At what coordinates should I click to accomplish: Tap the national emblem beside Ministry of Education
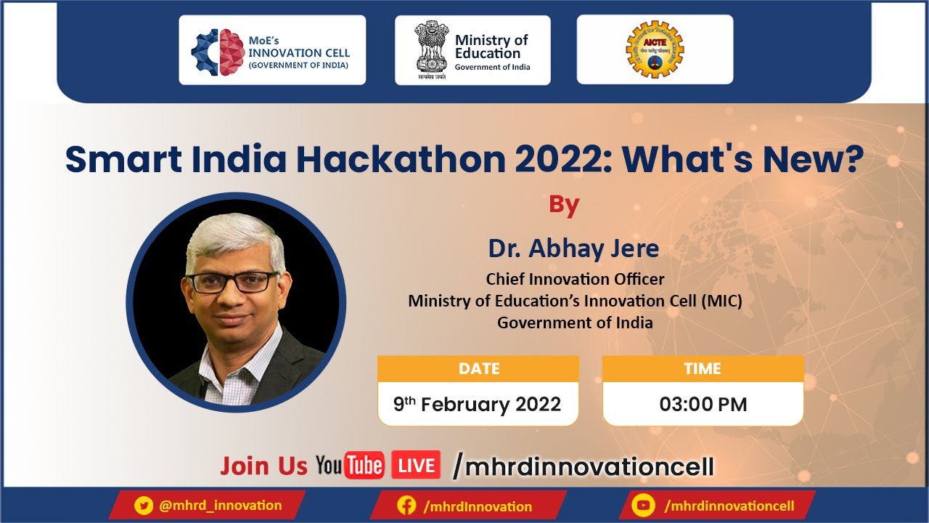pyautogui.click(x=432, y=47)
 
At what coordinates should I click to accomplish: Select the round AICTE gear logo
pyautogui.click(x=655, y=49)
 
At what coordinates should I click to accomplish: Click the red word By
pyautogui.click(x=564, y=205)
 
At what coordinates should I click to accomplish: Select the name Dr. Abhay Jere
pyautogui.click(x=573, y=248)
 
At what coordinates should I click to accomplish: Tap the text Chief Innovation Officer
pyautogui.click(x=575, y=279)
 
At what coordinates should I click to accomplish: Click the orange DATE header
pyautogui.click(x=478, y=369)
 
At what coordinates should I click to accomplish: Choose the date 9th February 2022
pyautogui.click(x=478, y=405)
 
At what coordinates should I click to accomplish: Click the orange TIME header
pyautogui.click(x=703, y=369)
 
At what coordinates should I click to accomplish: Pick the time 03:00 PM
pyautogui.click(x=703, y=405)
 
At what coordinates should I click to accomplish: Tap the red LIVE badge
pyautogui.click(x=416, y=466)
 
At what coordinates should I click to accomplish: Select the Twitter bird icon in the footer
pyautogui.click(x=144, y=506)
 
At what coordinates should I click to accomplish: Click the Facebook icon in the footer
pyautogui.click(x=407, y=506)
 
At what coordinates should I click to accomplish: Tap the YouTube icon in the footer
pyautogui.click(x=642, y=506)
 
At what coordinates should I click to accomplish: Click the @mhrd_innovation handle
pyautogui.click(x=220, y=506)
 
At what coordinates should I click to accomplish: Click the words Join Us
pyautogui.click(x=263, y=466)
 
